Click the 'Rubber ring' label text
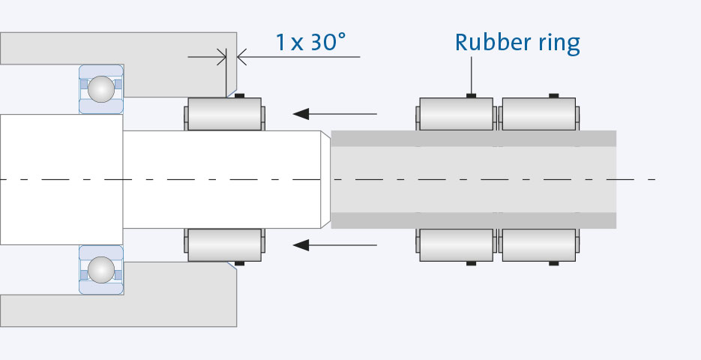coord(517,43)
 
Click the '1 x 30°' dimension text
coord(310,42)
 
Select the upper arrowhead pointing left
coord(301,114)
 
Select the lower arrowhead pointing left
coord(301,244)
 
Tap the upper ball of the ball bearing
coord(100,89)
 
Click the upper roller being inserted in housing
coord(224,114)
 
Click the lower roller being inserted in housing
coord(224,244)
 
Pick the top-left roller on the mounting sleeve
coord(456,114)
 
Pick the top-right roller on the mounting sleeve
coord(538,114)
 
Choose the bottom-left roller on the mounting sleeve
coord(456,244)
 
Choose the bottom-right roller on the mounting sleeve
coord(538,244)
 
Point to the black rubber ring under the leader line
coord(472,95)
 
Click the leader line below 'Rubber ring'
coord(472,75)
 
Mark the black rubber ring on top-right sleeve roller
coord(554,95)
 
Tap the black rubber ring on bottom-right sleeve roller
coord(554,263)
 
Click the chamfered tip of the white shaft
coord(326,179)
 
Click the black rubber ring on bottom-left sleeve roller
coord(472,263)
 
